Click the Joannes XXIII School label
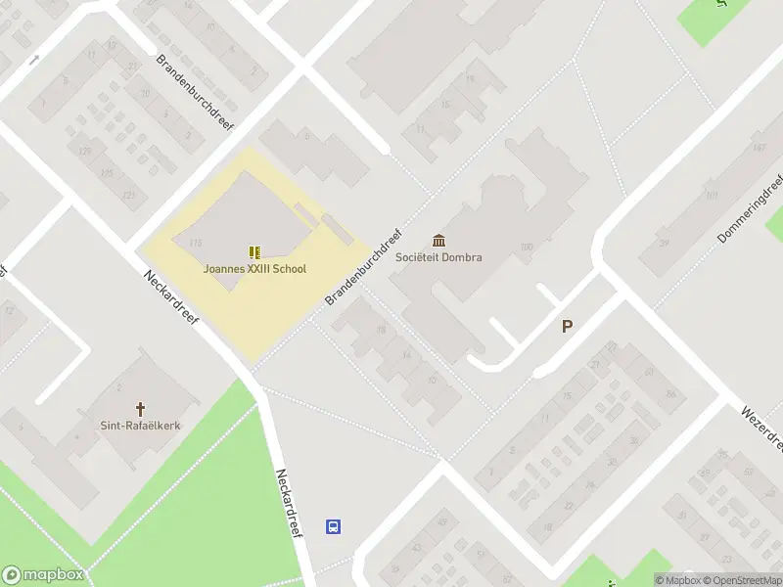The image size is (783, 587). pos(254,269)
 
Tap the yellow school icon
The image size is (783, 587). pos(254,252)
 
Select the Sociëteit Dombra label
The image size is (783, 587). pos(438,258)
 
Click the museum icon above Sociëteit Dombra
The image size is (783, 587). pos(438,241)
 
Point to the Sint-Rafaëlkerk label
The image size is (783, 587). pos(141,426)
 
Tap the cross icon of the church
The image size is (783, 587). pos(141,408)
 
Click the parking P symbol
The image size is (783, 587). pos(567,327)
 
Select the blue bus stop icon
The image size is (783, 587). pos(333,526)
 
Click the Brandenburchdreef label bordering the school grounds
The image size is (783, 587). pos(366,267)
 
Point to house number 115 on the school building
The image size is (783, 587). pos(196,243)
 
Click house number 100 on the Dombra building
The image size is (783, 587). pos(527,248)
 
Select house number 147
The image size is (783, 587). pos(759,148)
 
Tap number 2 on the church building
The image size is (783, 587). pos(118,388)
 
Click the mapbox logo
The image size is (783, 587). pos(42,575)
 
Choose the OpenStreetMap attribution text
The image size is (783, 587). pos(741,580)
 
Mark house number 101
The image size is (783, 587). pos(711,195)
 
